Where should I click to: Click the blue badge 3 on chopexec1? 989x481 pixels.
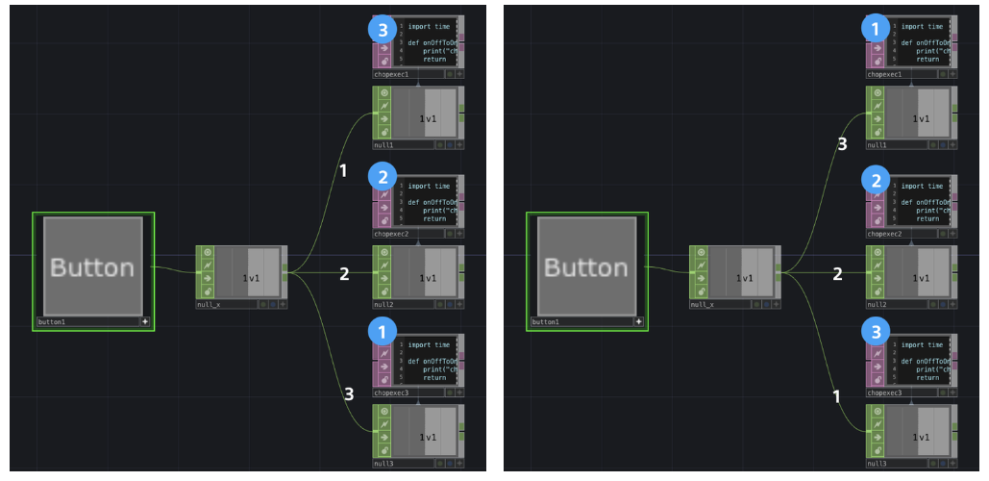pos(383,29)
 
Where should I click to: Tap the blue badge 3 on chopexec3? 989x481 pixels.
pos(876,331)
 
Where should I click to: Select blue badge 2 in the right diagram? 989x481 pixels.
pos(876,180)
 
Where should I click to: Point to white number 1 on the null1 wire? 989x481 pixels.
pos(342,170)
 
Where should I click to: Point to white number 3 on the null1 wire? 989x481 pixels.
pos(843,144)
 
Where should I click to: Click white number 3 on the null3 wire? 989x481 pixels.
pos(349,392)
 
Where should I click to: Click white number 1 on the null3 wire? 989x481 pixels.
pos(834,396)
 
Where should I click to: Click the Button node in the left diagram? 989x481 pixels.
pos(92,266)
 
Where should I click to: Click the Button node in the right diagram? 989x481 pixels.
pos(586,266)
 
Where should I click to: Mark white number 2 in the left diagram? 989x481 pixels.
pos(344,274)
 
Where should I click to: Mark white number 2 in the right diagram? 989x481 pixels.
pos(837,274)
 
